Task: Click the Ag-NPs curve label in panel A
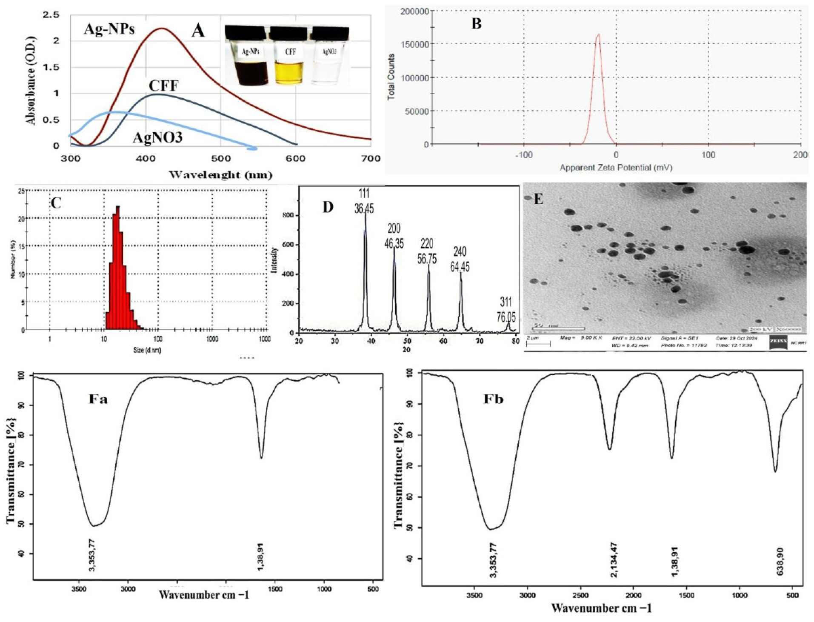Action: click(x=109, y=29)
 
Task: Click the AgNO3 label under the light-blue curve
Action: click(x=157, y=137)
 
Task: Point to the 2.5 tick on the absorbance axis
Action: click(x=51, y=15)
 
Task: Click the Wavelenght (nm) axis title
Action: click(x=220, y=174)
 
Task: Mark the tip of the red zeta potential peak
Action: click(x=599, y=34)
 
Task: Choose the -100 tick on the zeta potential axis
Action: click(x=523, y=154)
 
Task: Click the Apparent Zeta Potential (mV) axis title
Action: click(x=616, y=168)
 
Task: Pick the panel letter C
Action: click(x=56, y=203)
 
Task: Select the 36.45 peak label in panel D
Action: click(x=364, y=208)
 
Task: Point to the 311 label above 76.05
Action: click(x=506, y=302)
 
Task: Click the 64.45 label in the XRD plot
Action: click(x=460, y=267)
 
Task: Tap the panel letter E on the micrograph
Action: click(x=538, y=199)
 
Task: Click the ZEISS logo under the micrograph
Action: click(x=778, y=342)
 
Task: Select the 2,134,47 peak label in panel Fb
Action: click(x=613, y=559)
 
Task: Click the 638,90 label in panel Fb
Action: click(x=780, y=561)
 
